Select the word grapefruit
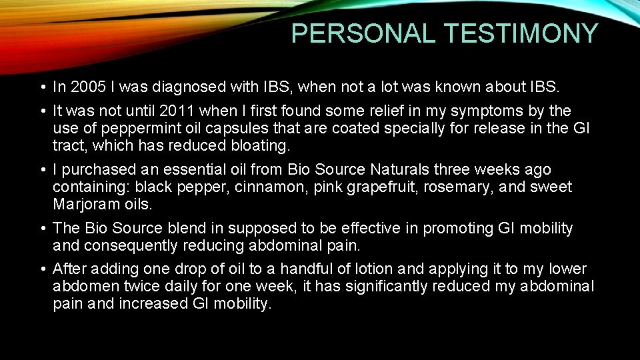click(x=361, y=187)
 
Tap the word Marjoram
click(x=83, y=204)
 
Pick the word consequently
click(x=125, y=245)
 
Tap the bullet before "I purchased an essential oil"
click(x=42, y=171)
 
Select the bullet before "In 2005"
click(x=42, y=87)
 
